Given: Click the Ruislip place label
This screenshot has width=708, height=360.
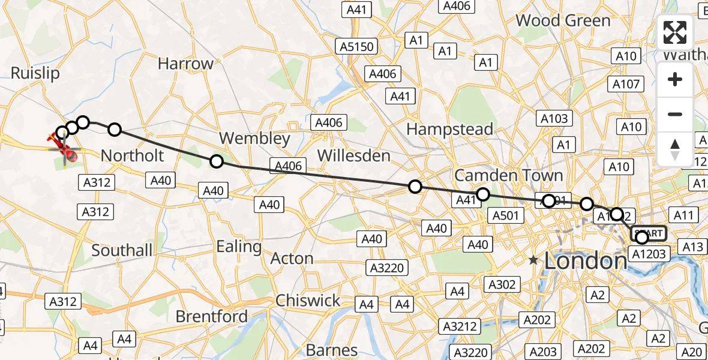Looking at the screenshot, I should click(x=35, y=73).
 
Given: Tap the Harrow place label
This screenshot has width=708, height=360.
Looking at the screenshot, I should click(x=185, y=64).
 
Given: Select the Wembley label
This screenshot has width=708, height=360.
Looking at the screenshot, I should click(x=254, y=139).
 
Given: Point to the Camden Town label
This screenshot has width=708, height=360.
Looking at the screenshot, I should click(x=508, y=175).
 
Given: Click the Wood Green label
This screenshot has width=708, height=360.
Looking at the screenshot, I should click(x=563, y=20).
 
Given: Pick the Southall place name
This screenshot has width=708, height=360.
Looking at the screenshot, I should click(x=122, y=250).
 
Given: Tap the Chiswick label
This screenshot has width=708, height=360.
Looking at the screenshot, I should click(x=308, y=300).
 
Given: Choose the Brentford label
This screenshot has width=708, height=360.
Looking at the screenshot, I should click(x=211, y=316).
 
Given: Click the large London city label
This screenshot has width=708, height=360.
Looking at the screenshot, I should click(x=586, y=260).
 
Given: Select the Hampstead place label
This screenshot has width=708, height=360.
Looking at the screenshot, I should click(x=449, y=128).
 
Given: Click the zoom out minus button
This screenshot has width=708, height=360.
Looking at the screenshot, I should click(x=675, y=114).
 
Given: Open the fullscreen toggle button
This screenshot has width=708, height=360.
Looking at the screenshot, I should click(x=675, y=32).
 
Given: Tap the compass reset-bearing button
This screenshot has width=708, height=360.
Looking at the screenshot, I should click(x=675, y=149).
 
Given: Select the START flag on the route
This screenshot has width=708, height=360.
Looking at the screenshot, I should click(x=650, y=233).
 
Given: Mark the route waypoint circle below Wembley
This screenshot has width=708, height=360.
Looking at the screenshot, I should click(x=217, y=161).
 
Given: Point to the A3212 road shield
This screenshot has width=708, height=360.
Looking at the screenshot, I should click(x=460, y=326).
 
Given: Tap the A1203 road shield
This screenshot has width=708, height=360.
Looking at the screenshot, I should click(x=649, y=254).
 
